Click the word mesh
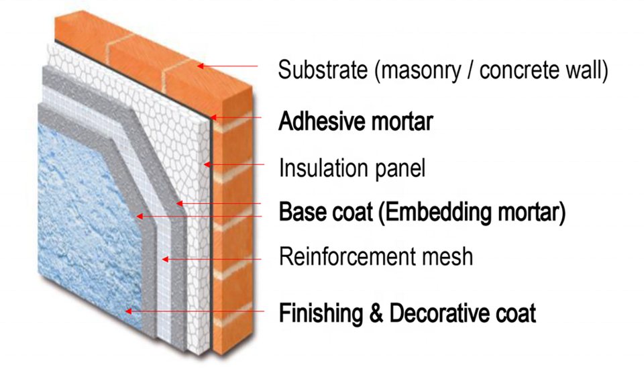449,257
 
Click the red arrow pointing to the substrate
228,66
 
